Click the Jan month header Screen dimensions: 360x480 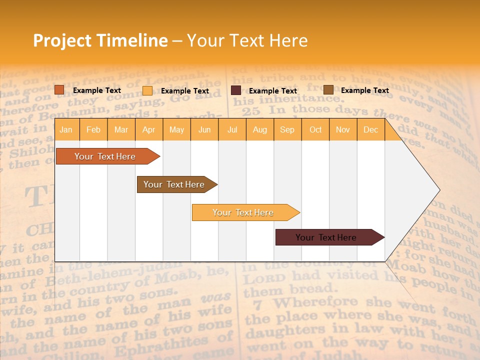click(x=66, y=129)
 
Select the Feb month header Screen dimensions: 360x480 click(x=93, y=129)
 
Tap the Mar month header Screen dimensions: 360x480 click(x=121, y=129)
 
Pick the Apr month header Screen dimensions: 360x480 click(x=149, y=129)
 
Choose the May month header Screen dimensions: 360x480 click(x=176, y=129)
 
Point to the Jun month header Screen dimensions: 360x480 click(x=204, y=129)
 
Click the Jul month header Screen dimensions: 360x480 click(x=232, y=129)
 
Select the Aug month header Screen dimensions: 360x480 click(x=260, y=129)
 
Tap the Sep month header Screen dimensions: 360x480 click(x=287, y=129)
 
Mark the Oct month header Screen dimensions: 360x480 click(x=315, y=129)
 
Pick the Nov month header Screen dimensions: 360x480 click(x=343, y=129)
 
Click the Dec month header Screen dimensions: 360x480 click(x=371, y=129)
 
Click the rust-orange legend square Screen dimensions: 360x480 click(x=59, y=90)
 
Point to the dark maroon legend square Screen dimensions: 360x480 click(x=236, y=90)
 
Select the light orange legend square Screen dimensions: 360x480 click(x=147, y=90)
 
